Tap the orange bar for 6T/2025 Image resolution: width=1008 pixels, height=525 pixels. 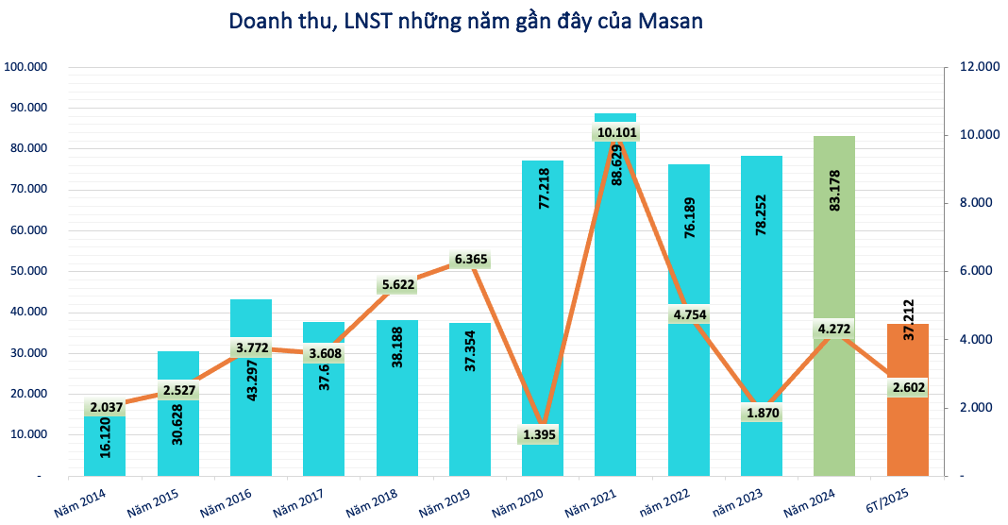pos(908,434)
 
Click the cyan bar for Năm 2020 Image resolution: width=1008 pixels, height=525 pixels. pos(542,283)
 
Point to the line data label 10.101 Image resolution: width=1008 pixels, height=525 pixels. pos(617,133)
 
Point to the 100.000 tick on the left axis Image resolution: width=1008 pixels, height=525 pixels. pos(25,67)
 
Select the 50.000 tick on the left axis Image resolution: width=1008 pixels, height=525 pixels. pos(28,271)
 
